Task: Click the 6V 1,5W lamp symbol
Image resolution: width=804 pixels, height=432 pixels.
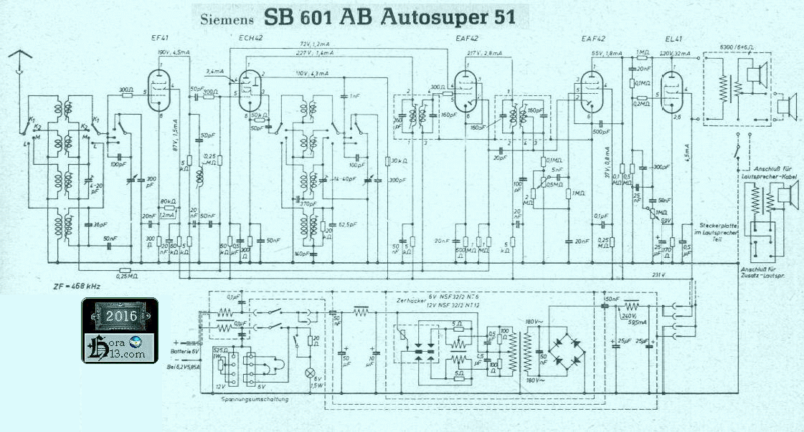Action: (x=310, y=373)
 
